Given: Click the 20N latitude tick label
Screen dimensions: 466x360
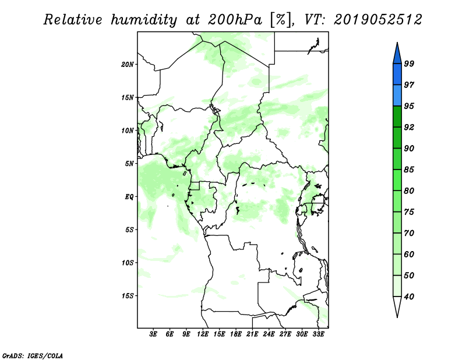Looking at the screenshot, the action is click(x=128, y=64).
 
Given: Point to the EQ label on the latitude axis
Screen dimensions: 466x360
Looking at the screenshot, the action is click(x=129, y=196).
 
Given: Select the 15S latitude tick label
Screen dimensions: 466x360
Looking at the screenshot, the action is click(x=128, y=296).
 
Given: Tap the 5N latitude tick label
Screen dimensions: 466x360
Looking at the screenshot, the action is click(x=129, y=164).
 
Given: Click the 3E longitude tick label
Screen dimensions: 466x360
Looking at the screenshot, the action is click(x=153, y=334).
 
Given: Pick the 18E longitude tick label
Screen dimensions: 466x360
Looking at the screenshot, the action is click(x=236, y=334).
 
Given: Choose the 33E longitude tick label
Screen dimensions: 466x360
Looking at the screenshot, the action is click(x=318, y=334).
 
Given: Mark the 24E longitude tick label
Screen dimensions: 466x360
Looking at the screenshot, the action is click(x=269, y=334).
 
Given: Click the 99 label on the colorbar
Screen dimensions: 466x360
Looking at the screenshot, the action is click(x=409, y=63).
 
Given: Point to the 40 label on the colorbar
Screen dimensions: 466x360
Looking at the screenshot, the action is click(x=409, y=297).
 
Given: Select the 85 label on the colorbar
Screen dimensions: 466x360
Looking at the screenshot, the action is click(x=409, y=170).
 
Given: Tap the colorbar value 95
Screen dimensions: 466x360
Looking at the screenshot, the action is click(x=409, y=106).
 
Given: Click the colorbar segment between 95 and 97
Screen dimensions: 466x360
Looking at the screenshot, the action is click(x=397, y=96).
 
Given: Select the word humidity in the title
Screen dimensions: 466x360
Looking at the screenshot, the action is click(x=144, y=20).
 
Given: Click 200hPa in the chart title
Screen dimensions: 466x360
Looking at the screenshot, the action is click(x=235, y=20).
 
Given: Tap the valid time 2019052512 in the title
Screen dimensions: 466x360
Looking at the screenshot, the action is click(x=377, y=20).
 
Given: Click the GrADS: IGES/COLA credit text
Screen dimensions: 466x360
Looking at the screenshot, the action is click(x=33, y=355).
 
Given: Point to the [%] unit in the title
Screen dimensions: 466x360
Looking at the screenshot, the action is click(x=281, y=20).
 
